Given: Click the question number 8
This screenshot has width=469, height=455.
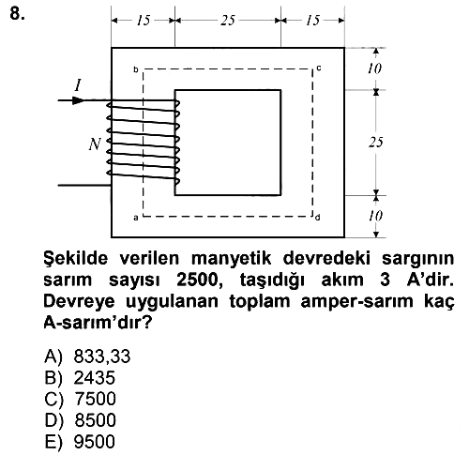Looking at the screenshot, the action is (17, 14).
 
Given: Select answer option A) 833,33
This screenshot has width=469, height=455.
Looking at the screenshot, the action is (87, 356).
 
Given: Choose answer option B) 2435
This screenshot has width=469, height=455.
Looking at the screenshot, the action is (80, 377).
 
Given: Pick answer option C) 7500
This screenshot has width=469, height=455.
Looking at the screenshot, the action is (80, 399).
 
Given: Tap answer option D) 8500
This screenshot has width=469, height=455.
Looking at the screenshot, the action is (80, 420).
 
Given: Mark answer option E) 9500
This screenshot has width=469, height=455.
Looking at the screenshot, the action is (80, 442).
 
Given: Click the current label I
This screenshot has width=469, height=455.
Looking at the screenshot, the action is (78, 85).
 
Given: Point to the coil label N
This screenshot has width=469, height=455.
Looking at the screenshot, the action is (95, 144).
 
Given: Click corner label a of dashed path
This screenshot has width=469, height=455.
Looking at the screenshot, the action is (136, 218).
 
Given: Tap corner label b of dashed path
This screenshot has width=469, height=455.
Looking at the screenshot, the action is (136, 69).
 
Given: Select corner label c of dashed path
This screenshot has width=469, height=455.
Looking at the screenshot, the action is (318, 68).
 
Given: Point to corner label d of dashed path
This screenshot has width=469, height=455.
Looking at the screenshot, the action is (318, 218).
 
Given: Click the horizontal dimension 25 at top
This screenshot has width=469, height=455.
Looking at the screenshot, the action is (228, 21).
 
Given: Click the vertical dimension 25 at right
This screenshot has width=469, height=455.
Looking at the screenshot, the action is (375, 143).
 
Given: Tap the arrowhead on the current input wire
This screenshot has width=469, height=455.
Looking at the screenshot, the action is (78, 100).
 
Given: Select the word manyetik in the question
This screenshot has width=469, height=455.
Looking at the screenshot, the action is (231, 259).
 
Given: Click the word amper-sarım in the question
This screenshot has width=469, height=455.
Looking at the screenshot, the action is (356, 302).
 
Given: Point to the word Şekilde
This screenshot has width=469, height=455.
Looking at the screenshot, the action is (76, 259).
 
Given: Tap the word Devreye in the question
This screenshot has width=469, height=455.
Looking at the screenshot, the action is (80, 301).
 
